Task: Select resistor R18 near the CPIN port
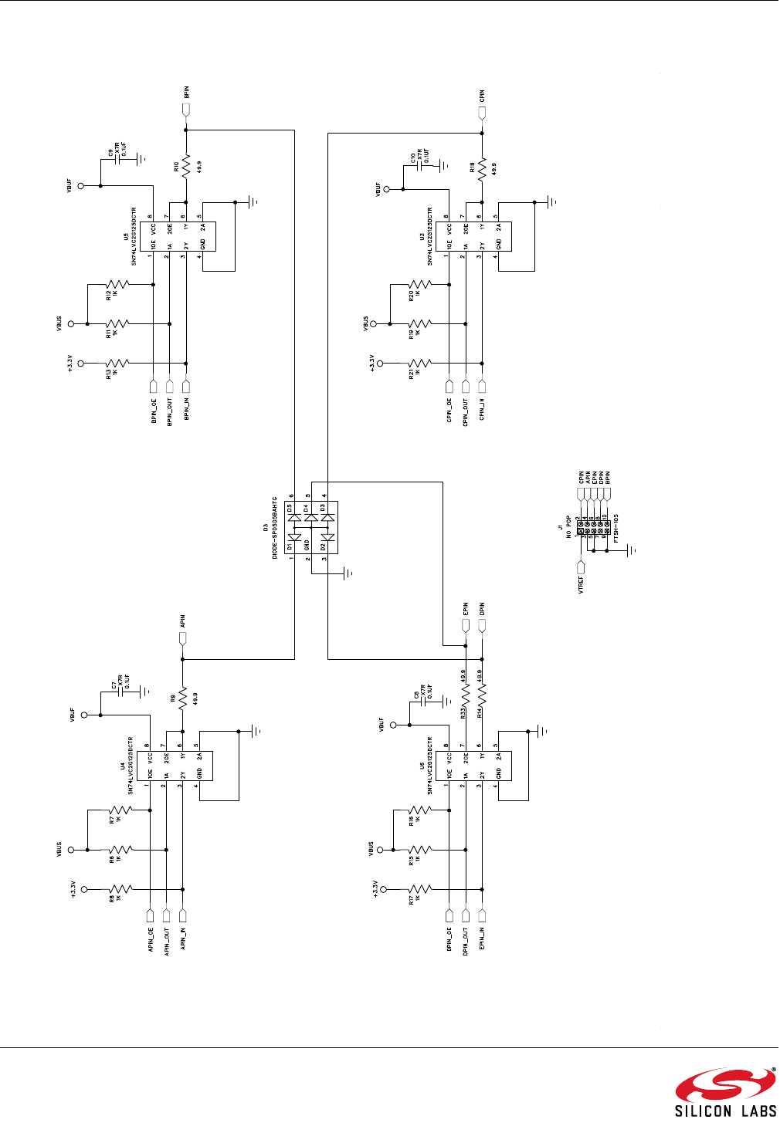[x=482, y=167]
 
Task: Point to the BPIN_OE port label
[x=153, y=410]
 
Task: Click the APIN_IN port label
[x=183, y=941]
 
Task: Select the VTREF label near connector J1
[x=581, y=584]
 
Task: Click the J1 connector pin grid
[x=593, y=528]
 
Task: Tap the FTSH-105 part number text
[x=616, y=529]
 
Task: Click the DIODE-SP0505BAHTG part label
[x=274, y=529]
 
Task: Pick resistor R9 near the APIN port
[x=183, y=699]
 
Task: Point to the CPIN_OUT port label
[x=466, y=412]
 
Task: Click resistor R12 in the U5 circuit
[x=117, y=285]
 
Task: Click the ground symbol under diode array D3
[x=346, y=573]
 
